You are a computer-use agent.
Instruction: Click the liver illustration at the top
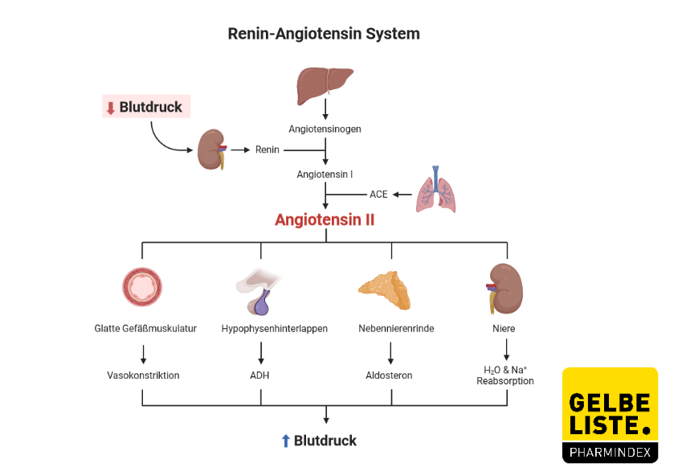[325, 81]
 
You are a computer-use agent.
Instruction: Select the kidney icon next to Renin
[212, 150]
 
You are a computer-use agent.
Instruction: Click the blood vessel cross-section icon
[142, 287]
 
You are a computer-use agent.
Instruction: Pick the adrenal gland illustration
[385, 289]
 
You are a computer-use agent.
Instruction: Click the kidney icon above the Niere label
[504, 288]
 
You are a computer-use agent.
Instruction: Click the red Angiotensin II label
[325, 220]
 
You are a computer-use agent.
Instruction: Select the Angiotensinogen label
[325, 129]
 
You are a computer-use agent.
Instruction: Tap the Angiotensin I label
[325, 174]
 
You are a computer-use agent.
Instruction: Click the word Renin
[268, 150]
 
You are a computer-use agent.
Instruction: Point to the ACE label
[378, 195]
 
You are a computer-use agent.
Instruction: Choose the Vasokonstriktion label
[143, 375]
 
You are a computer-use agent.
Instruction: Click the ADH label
[260, 375]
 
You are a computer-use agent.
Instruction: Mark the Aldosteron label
[390, 375]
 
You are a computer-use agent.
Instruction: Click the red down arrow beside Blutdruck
[111, 108]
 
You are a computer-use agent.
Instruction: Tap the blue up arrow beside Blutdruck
[285, 441]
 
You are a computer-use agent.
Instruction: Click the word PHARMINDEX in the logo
[610, 453]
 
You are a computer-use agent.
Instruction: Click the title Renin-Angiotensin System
[324, 34]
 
